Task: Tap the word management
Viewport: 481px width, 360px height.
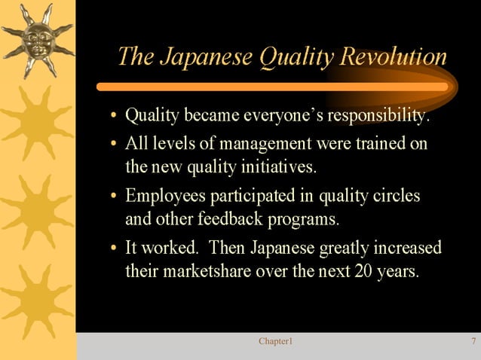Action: coord(270,143)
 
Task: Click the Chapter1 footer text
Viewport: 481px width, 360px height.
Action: coord(275,342)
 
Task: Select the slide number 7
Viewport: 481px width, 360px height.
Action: coord(473,342)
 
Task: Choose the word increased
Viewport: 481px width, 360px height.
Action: coord(407,248)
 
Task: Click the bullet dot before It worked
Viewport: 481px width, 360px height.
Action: coord(113,249)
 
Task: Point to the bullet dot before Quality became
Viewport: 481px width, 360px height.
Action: coord(113,118)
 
